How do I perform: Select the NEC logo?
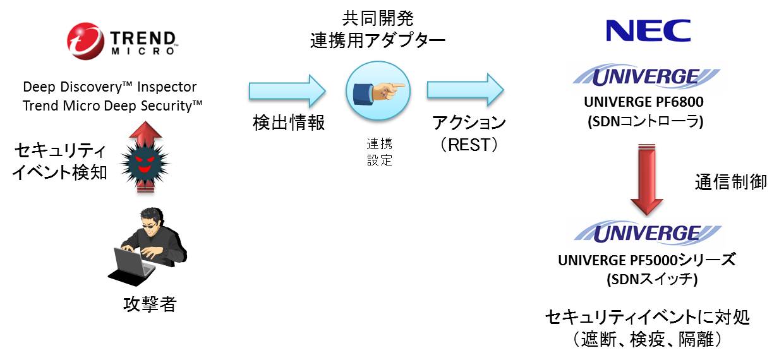pos(647,31)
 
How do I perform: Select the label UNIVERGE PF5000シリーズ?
pos(646,260)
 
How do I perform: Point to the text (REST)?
pos(469,145)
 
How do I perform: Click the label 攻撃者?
pos(149,305)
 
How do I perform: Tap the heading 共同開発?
pos(377,18)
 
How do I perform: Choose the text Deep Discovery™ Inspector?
pos(110,87)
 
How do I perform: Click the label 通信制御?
pos(730,183)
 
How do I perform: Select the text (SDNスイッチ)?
pos(646,279)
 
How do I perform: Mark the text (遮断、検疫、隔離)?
pos(646,339)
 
